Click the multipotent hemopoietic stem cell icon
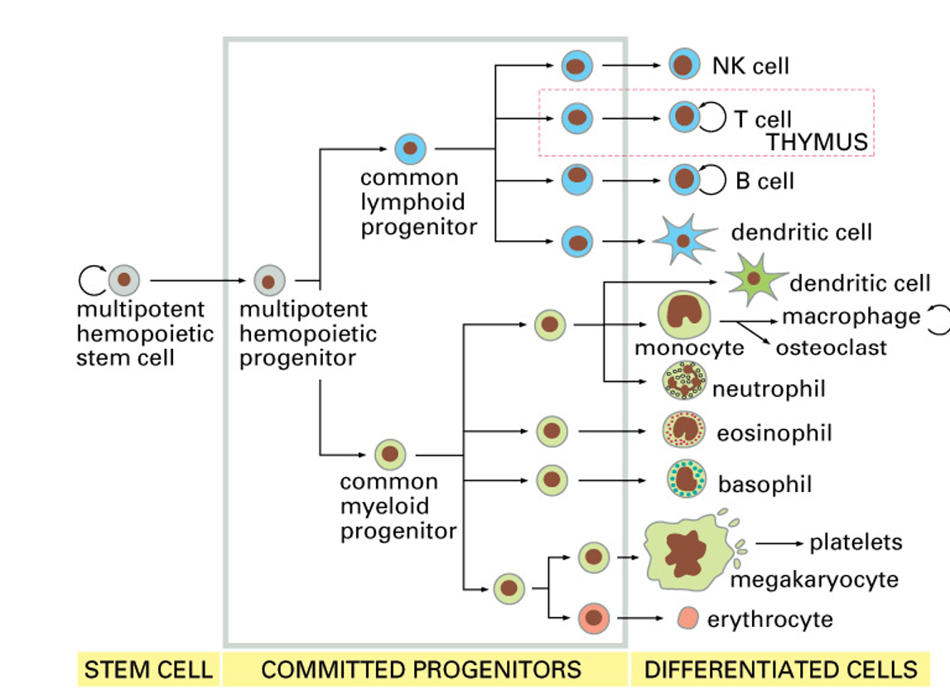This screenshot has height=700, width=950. click(123, 280)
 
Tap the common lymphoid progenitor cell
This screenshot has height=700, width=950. click(409, 150)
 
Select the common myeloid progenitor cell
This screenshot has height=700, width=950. click(389, 454)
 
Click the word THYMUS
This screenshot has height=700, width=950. click(817, 142)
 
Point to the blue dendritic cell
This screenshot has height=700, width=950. click(683, 240)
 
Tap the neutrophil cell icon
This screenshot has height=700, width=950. click(684, 381)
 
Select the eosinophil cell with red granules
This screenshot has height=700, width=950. click(684, 430)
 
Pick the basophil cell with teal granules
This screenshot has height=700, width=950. click(687, 480)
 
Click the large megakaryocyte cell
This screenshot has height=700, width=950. click(683, 550)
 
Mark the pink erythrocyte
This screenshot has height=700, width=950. click(687, 619)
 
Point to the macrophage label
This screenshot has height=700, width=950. click(851, 316)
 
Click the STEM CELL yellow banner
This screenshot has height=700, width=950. click(148, 669)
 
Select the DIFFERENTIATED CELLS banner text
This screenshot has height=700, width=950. click(780, 669)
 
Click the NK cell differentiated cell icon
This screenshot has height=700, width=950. click(683, 65)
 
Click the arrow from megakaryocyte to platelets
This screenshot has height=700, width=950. click(779, 543)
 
